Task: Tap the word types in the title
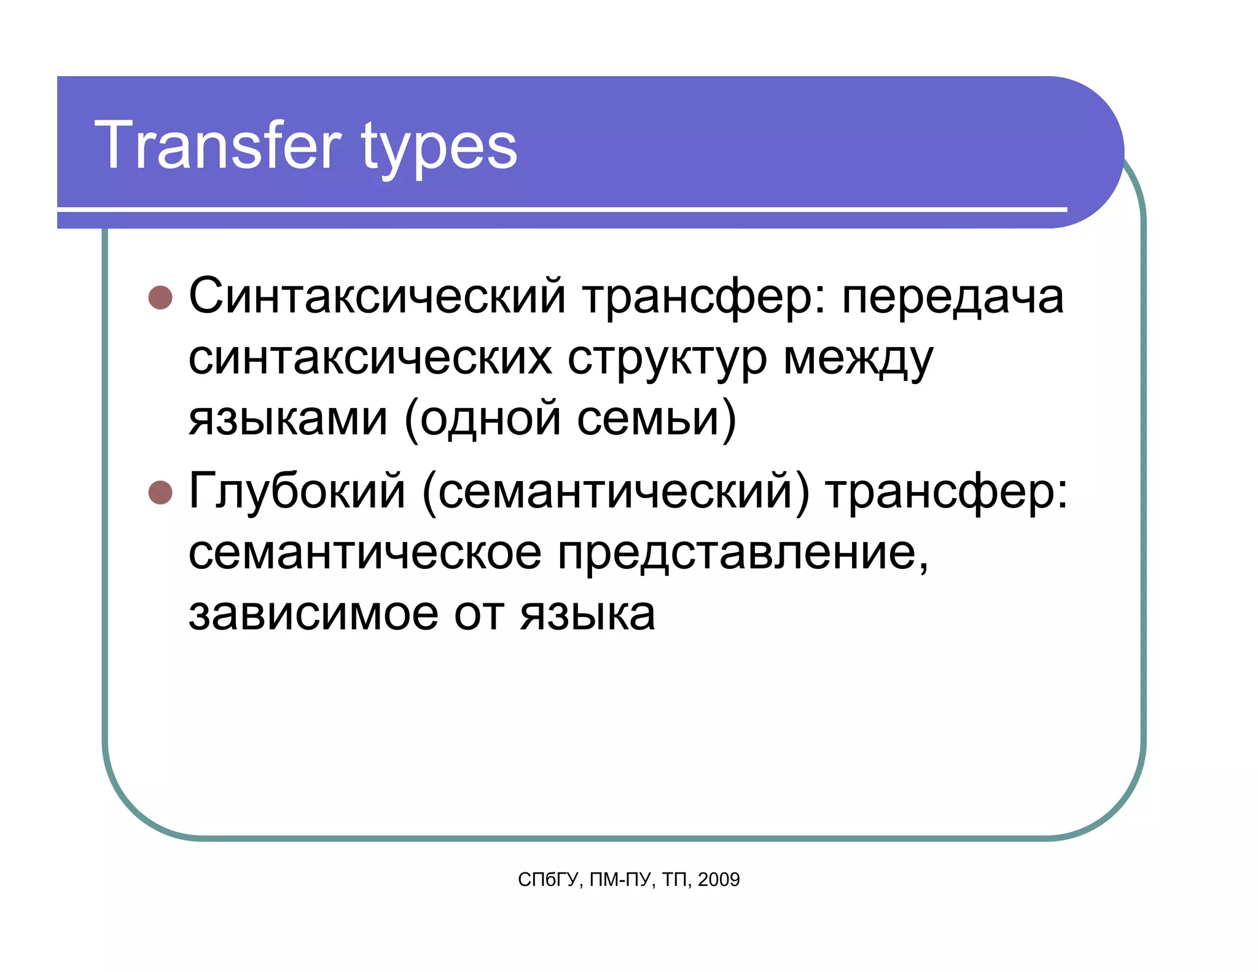(x=440, y=149)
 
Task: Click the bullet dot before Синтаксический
(x=160, y=297)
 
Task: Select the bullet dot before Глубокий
(x=160, y=492)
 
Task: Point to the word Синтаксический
(x=377, y=296)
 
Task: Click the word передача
(x=952, y=297)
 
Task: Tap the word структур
(x=667, y=359)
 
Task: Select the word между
(x=858, y=359)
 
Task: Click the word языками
(x=288, y=418)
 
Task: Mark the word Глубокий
(x=297, y=491)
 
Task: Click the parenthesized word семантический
(x=616, y=492)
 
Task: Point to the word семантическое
(x=365, y=552)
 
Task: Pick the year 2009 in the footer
(x=719, y=880)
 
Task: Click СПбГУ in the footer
(x=548, y=880)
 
